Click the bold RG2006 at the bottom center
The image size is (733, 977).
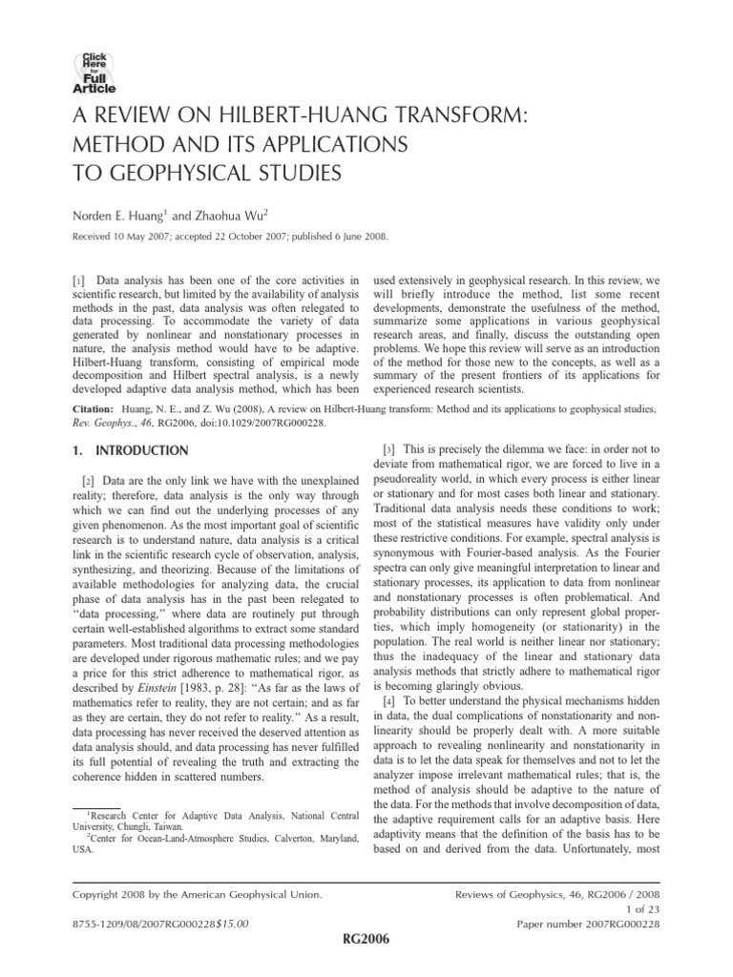368,940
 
